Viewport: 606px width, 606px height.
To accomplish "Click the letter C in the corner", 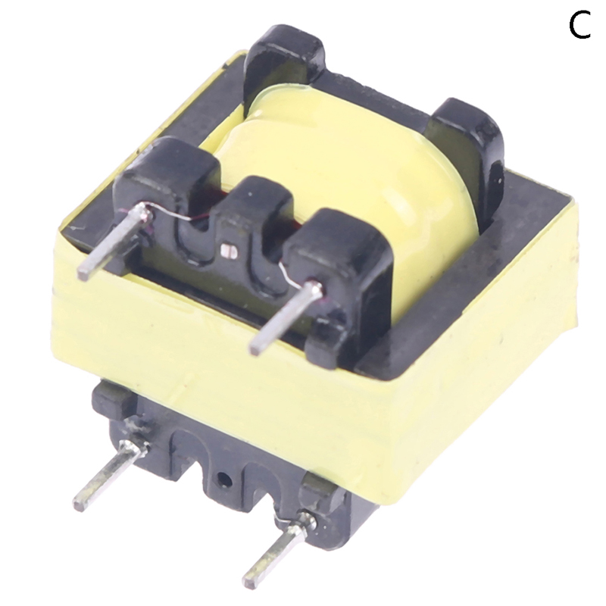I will click(579, 27).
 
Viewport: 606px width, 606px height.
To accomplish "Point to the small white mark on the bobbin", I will click(227, 248).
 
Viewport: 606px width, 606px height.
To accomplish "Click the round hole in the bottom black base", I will click(222, 479).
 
